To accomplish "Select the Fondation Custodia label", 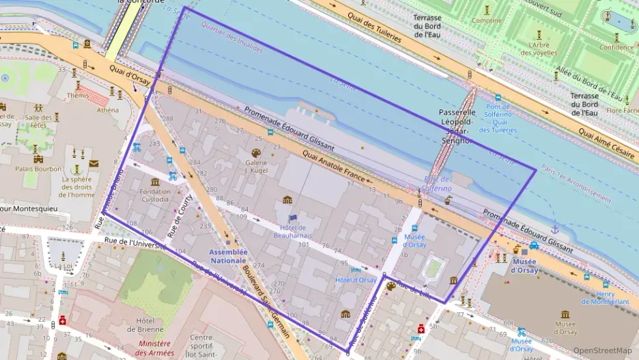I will [155, 195].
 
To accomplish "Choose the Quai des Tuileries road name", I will [373, 27].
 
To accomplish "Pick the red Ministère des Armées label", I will [155, 348].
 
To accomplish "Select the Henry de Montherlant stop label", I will [606, 297].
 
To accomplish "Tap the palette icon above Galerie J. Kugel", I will [256, 153].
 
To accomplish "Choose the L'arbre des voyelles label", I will [539, 49].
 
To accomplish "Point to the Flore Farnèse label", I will [622, 110].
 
